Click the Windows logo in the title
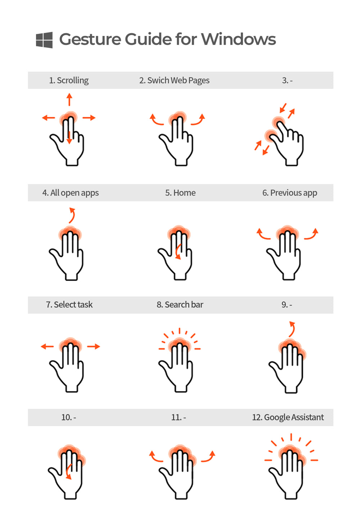(x=44, y=40)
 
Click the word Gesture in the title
(x=90, y=39)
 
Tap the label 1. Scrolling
(x=69, y=80)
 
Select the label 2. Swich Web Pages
(x=174, y=80)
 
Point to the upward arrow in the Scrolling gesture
(x=69, y=99)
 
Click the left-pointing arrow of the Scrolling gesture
(x=48, y=118)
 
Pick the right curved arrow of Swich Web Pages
(x=198, y=120)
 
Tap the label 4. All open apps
(x=71, y=193)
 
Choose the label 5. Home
(x=180, y=193)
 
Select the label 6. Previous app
(x=290, y=193)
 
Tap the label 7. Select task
(x=69, y=305)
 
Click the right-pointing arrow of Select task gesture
(x=94, y=346)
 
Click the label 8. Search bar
(x=180, y=305)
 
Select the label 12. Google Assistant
(x=288, y=417)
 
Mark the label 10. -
(x=68, y=417)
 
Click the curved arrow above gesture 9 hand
(x=292, y=329)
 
